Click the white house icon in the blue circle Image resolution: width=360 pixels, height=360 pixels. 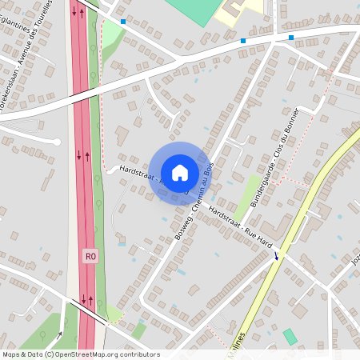[180, 173]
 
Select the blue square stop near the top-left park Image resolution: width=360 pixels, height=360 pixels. [123, 22]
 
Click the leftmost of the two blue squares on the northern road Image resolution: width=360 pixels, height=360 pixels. [243, 40]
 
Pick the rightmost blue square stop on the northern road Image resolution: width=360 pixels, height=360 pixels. [291, 37]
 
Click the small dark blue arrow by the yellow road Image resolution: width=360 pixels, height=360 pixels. [278, 255]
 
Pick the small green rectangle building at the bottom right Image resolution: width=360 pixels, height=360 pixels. [290, 336]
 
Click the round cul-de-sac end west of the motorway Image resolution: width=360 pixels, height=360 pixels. [56, 142]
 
